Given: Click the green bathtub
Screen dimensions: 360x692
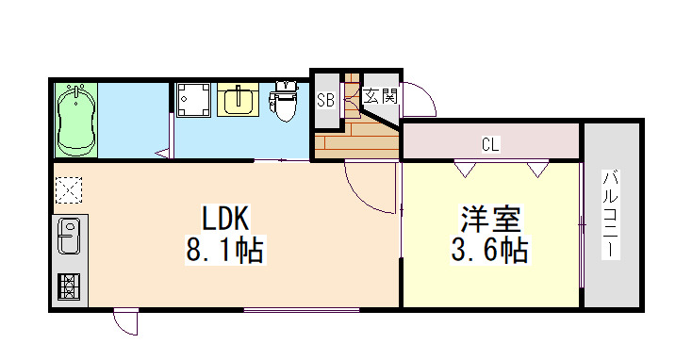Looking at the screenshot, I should tap(76, 120).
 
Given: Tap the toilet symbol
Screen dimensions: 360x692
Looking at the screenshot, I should tap(284, 101).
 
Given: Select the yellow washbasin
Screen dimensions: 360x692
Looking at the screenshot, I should tap(239, 100).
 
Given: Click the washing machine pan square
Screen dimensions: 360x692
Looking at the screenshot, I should tap(194, 100).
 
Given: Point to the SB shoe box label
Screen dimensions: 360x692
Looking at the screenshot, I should tap(326, 99).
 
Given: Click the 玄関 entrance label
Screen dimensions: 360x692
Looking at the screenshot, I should tap(381, 95).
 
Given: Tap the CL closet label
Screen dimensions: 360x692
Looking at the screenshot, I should tap(490, 144).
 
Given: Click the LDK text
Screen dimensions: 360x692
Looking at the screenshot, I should tap(224, 220).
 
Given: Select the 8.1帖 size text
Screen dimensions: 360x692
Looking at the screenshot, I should tap(224, 251).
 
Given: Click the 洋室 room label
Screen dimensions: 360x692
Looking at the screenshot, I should tap(490, 220).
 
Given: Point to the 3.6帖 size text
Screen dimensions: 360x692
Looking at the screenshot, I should tap(490, 251).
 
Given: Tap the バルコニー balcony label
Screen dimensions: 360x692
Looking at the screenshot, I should tap(611, 215).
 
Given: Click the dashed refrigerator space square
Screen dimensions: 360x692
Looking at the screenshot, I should tap(69, 190).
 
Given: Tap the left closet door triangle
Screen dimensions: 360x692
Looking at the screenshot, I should tap(464, 168).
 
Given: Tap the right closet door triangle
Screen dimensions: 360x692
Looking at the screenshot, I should tap(537, 168).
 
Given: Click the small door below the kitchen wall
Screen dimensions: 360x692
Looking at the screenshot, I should tap(126, 321).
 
